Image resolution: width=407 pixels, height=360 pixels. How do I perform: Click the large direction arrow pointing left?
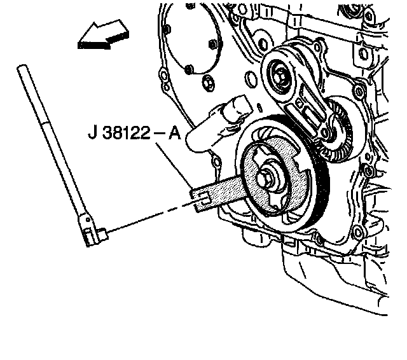[102, 35]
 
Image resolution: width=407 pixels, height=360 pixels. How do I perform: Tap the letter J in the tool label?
[93, 135]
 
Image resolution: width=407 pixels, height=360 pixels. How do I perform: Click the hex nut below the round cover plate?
[206, 82]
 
